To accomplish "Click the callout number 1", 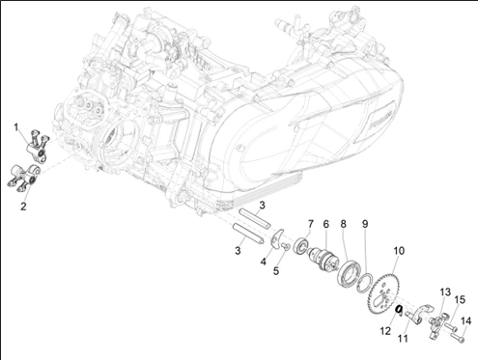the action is click(15, 127).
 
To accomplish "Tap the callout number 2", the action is click(23, 207).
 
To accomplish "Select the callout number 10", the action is click(399, 251).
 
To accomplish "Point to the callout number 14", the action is click(465, 321).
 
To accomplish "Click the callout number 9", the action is click(365, 224).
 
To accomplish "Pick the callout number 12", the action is click(385, 331).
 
